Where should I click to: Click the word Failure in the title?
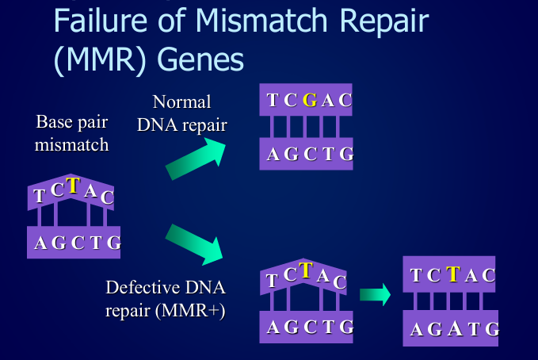point(101,21)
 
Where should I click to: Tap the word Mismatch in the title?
point(261,21)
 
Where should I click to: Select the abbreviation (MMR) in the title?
point(100,59)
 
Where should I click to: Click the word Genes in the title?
point(200,59)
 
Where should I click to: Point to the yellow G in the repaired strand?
point(310,100)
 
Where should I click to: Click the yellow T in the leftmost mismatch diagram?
point(73,186)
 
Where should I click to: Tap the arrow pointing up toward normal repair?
point(196,159)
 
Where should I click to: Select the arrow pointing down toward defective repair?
point(194,244)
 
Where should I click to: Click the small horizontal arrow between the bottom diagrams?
point(375,294)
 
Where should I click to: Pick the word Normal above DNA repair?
point(181,101)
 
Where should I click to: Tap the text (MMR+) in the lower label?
point(190,311)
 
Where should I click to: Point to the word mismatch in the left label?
point(72,144)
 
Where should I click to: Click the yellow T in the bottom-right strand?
point(453,274)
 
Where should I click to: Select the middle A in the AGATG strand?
point(455,328)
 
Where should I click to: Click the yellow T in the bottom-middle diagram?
point(306,270)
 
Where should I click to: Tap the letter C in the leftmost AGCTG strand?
point(78,243)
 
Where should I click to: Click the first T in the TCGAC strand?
point(273,100)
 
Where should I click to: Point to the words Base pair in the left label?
point(72,122)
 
